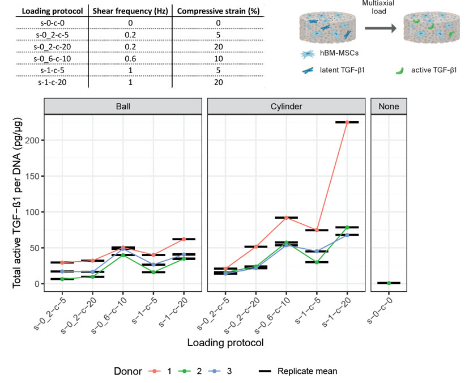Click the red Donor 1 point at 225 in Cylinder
tap(347, 122)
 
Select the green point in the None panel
tap(389, 283)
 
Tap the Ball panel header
tap(122, 106)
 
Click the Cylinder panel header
tap(285, 106)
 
